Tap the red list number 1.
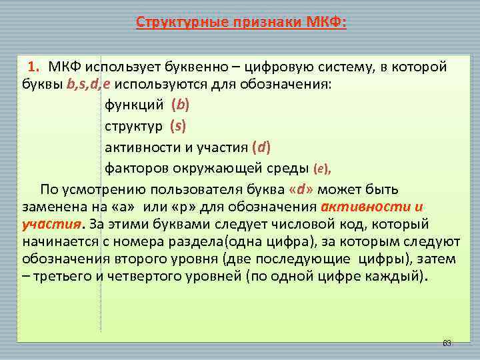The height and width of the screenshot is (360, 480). tap(33, 67)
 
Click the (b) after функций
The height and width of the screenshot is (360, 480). tap(180, 105)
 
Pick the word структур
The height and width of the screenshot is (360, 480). tap(133, 125)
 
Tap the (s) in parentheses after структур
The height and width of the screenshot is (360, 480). tap(178, 125)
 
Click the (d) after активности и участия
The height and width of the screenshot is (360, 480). tap(257, 145)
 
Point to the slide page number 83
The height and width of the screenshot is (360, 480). tap(447, 343)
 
